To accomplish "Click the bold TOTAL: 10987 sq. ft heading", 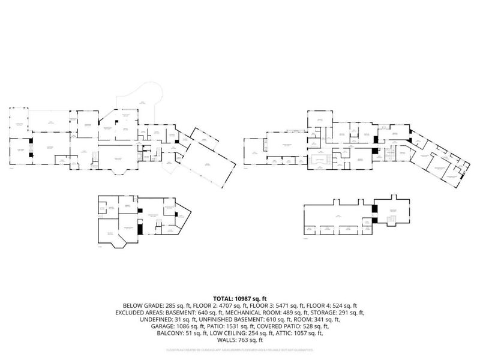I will [239, 298].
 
